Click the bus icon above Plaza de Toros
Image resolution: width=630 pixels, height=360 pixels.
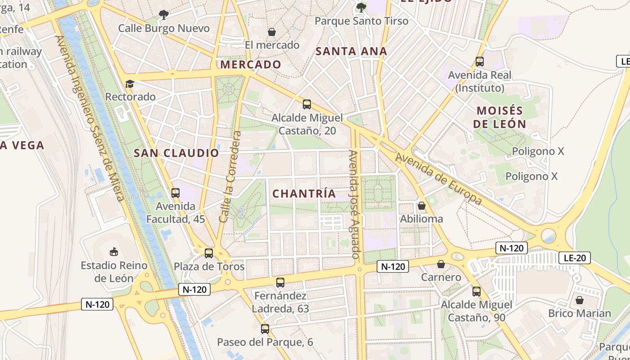(x=209, y=253)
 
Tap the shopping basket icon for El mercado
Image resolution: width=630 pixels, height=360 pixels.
(x=272, y=32)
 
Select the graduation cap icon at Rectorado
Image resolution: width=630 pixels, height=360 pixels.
(x=130, y=84)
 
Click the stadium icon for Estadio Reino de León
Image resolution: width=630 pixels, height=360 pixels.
(x=113, y=252)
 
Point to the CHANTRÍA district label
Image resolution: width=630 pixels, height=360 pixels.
(x=304, y=193)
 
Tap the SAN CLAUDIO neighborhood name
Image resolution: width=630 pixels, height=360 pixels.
(x=176, y=153)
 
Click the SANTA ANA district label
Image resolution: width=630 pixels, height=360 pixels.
(x=351, y=51)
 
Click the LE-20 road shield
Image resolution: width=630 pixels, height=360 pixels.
(x=574, y=258)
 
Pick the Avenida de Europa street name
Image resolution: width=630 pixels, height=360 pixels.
(x=439, y=179)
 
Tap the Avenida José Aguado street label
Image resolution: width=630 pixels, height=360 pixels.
(x=355, y=205)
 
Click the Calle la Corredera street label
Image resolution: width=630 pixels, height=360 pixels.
(x=230, y=177)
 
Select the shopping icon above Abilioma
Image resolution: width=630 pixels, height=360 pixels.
(x=422, y=206)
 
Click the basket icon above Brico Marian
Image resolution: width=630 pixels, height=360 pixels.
(x=580, y=300)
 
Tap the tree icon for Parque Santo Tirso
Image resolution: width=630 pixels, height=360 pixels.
(x=361, y=7)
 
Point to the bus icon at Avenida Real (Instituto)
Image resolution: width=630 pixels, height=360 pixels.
(x=480, y=61)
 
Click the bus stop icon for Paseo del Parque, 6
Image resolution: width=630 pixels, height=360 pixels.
(x=265, y=328)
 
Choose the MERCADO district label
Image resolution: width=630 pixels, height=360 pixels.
(x=251, y=64)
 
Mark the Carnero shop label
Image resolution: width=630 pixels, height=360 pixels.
(x=441, y=277)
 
